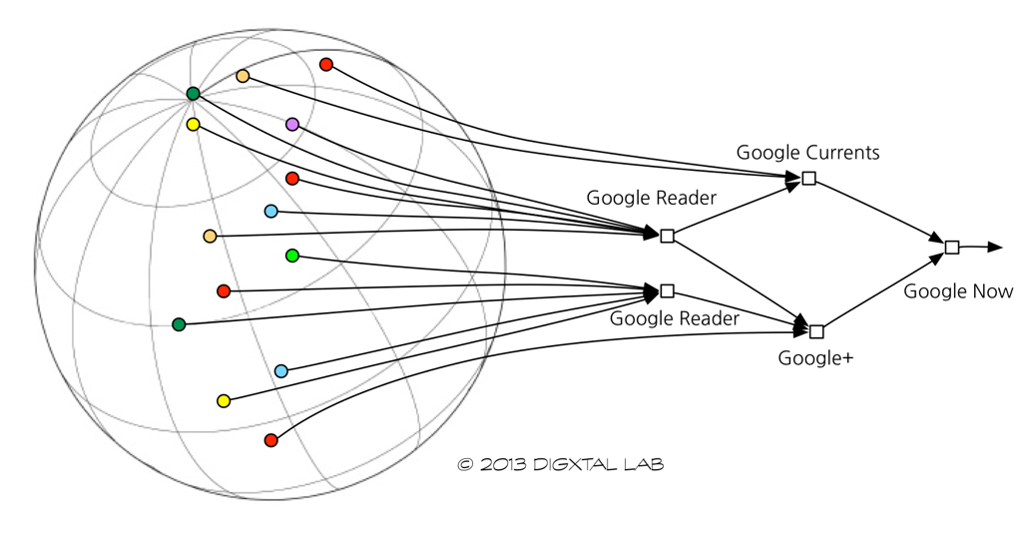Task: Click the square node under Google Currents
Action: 809,178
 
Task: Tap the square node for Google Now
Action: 952,247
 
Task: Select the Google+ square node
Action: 816,331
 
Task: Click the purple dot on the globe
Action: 292,124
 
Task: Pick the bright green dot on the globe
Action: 292,256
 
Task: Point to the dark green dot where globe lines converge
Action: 193,94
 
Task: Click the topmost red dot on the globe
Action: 325,64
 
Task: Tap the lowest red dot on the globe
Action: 270,440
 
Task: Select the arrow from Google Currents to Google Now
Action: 878,212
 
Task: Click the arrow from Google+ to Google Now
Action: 882,290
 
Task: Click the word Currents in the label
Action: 842,153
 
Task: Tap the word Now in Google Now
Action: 993,291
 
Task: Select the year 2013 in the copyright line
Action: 501,464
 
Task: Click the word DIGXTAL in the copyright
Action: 572,464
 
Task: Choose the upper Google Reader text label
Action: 651,198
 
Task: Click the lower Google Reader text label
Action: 675,318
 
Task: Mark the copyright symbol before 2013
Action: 464,464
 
